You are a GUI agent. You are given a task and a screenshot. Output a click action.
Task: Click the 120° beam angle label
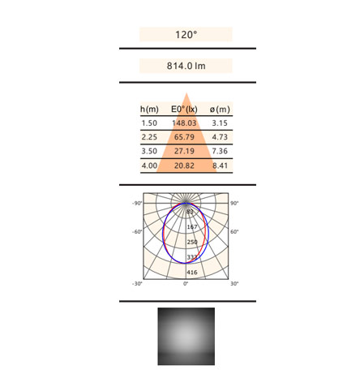coord(186,35)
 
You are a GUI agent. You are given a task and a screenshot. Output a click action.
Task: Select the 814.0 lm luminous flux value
coord(186,66)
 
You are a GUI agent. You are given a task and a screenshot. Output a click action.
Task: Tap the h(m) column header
coord(149,110)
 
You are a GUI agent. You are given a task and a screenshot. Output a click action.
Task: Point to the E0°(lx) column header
coord(184,110)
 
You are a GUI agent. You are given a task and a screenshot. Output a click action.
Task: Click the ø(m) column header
coord(220,110)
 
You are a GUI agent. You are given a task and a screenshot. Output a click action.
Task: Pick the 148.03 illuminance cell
coord(184,123)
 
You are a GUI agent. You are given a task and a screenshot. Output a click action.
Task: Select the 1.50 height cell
coord(149,123)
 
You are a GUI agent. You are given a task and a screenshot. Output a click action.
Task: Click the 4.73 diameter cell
coord(220,137)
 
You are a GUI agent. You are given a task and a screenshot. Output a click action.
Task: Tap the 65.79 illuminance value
coord(184,137)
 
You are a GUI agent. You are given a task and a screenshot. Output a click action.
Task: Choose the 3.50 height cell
coord(149,151)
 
